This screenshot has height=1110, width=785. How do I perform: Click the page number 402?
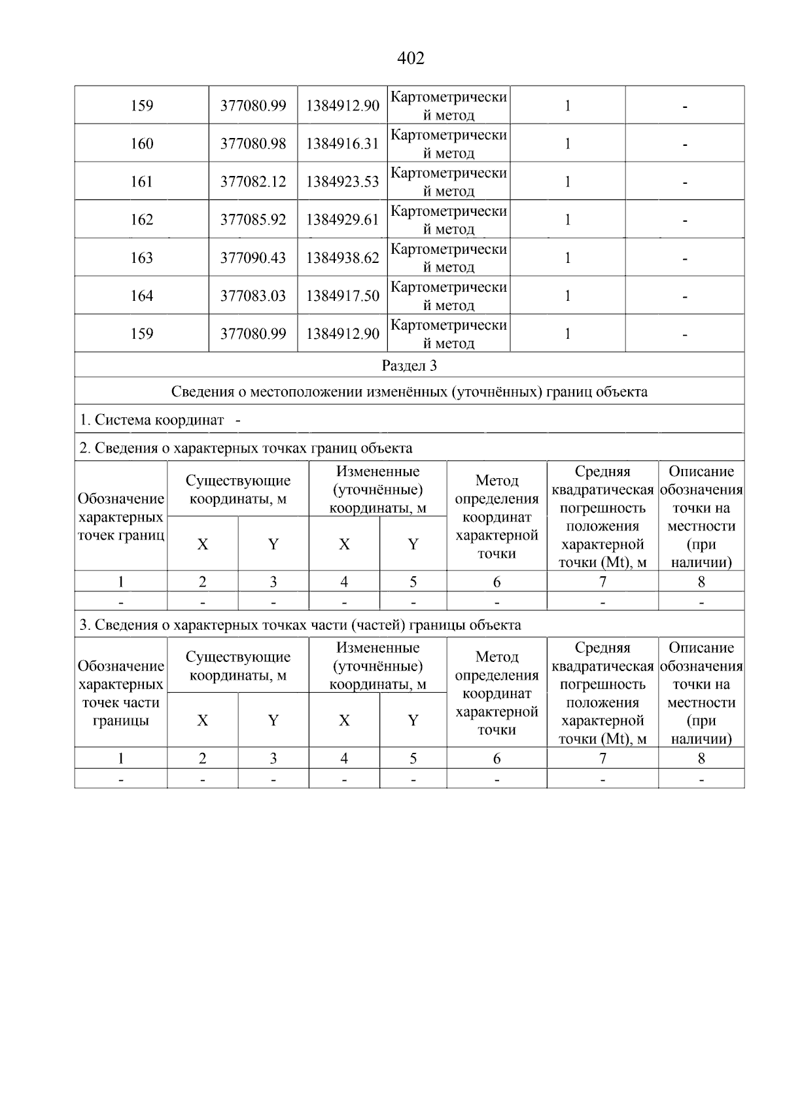point(411,59)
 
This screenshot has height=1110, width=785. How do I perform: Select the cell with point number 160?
point(142,144)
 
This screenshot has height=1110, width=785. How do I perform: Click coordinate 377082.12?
point(253,182)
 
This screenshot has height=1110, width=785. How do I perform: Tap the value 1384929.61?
point(343,220)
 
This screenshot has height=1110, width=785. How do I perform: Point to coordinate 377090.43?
point(253,258)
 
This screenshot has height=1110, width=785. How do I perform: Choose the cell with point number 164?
point(142,296)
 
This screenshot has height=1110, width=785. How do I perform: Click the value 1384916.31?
point(343,144)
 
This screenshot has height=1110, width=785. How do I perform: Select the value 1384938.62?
point(343,258)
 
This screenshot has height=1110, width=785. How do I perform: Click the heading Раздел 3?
point(410,366)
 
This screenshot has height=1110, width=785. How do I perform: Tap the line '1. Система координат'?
point(152,420)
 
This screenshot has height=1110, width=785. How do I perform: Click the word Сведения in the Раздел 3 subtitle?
point(200,392)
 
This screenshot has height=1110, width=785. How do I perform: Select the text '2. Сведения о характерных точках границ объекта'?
point(246,449)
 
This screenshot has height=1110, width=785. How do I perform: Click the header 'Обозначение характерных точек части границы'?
point(120,693)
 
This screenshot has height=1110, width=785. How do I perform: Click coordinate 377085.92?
point(253,220)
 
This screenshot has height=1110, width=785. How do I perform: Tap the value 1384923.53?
point(343,182)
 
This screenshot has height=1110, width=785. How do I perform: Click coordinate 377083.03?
point(253,296)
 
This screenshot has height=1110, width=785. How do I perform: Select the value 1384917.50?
point(343,296)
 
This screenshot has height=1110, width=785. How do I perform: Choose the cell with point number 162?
point(142,220)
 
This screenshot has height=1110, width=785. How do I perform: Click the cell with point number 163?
point(142,258)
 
